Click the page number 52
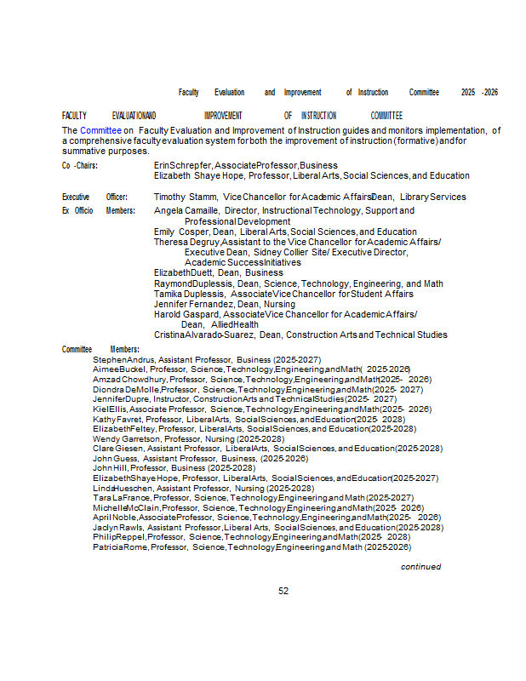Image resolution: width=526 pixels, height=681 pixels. [x=283, y=591]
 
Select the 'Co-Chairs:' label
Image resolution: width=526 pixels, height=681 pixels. [x=79, y=165]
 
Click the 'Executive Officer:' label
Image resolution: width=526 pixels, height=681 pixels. [x=94, y=197]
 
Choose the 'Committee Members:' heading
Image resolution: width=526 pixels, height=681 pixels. [x=100, y=349]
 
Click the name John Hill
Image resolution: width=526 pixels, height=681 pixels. [x=110, y=468]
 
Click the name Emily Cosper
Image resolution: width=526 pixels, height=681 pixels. [x=181, y=232]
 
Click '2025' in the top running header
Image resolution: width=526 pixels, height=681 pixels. [x=468, y=92]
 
